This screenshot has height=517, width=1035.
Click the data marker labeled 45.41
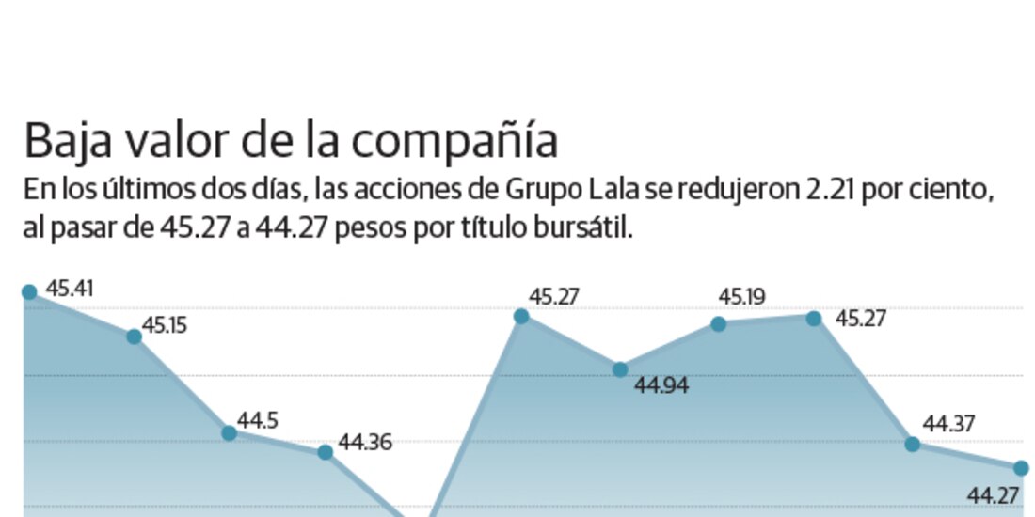click(x=29, y=292)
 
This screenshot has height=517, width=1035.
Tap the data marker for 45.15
click(x=135, y=337)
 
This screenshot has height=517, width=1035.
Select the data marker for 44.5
click(x=229, y=433)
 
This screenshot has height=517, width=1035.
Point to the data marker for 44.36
click(x=325, y=452)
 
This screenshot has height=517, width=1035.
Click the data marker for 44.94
click(x=620, y=369)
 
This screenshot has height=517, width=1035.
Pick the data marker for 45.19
click(x=718, y=324)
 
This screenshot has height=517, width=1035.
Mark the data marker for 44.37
click(x=912, y=444)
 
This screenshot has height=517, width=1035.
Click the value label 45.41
click(x=71, y=289)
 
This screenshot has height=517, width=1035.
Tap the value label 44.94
click(x=660, y=384)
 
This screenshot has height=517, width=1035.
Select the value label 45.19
click(x=742, y=298)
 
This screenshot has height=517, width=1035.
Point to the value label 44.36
click(x=364, y=442)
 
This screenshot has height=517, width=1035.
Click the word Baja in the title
click(x=62, y=142)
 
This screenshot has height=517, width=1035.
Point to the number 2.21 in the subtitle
click(x=827, y=191)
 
